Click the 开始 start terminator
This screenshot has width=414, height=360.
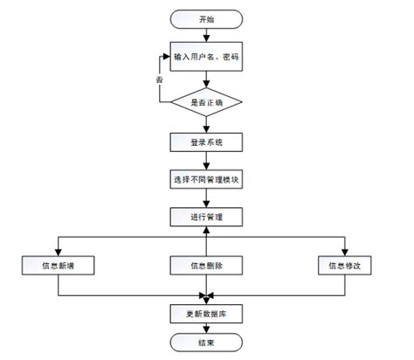pyautogui.click(x=205, y=18)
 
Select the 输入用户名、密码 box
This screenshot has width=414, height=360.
pyautogui.click(x=205, y=59)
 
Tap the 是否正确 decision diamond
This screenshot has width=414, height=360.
pyautogui.click(x=205, y=101)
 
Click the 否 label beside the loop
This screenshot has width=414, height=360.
pyautogui.click(x=159, y=80)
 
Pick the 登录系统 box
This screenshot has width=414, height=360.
pyautogui.click(x=205, y=142)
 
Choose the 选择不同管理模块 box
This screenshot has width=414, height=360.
pyautogui.click(x=205, y=181)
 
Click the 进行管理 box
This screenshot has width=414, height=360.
pyautogui.click(x=205, y=216)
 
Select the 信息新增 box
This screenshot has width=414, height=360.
pyautogui.click(x=58, y=264)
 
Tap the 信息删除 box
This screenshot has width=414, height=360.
pyautogui.click(x=205, y=264)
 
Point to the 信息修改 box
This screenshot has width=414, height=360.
pyautogui.click(x=344, y=264)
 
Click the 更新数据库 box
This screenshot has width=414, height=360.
pyautogui.click(x=205, y=312)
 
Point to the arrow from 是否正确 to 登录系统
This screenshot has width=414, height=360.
pyautogui.click(x=205, y=124)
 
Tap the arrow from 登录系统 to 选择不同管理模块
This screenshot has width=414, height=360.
pyautogui.click(x=205, y=162)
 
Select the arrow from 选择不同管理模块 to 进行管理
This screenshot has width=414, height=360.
pyautogui.click(x=205, y=198)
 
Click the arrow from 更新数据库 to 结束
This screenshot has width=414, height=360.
pyautogui.click(x=205, y=327)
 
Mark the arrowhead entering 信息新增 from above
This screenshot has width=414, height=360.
pyautogui.click(x=58, y=250)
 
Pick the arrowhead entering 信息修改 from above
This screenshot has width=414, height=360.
pyautogui.click(x=344, y=250)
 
